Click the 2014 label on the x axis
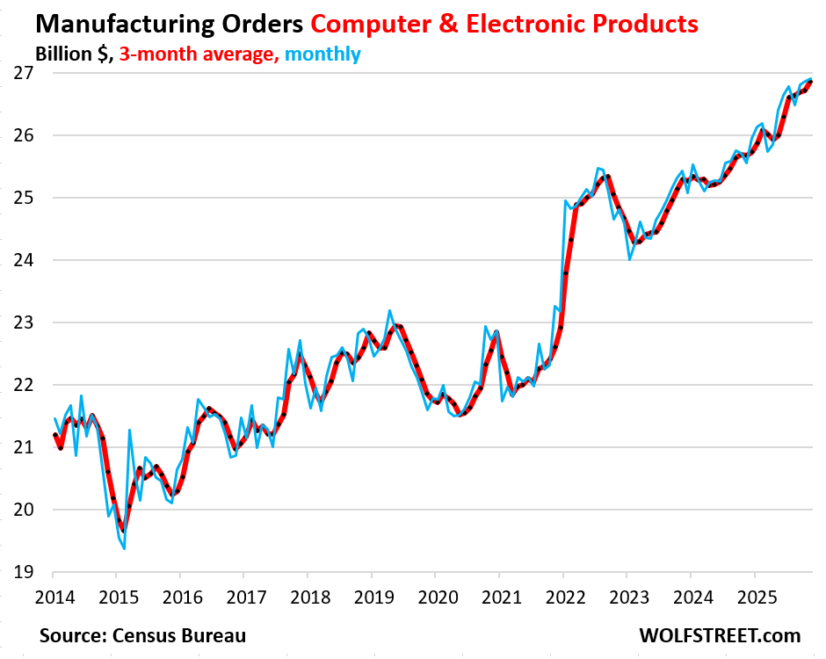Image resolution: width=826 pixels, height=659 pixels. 52,597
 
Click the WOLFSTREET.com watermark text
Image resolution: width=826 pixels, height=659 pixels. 721,634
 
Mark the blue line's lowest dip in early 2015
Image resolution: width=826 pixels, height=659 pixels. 124,548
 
